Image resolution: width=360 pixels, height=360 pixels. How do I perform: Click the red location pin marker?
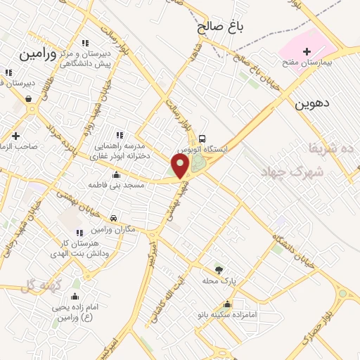point(181,167)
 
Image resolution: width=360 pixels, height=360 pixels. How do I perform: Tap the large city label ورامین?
point(37,53)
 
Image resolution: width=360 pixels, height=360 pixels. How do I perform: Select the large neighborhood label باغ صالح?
point(219,28)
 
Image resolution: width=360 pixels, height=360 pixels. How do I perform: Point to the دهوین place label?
point(312,105)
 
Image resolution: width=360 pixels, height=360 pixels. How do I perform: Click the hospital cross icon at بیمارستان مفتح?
point(306,51)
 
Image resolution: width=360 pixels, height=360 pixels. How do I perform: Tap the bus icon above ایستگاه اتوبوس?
point(202,138)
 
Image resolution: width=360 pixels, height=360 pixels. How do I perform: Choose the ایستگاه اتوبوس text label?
point(202,150)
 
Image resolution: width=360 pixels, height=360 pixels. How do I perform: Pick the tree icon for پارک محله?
point(219,269)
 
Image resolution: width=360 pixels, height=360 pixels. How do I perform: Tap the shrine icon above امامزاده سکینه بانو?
point(227,304)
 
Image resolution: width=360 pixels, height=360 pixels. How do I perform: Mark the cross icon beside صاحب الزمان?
point(15,136)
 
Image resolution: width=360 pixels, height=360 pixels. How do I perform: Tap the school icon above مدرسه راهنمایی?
point(119,134)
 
